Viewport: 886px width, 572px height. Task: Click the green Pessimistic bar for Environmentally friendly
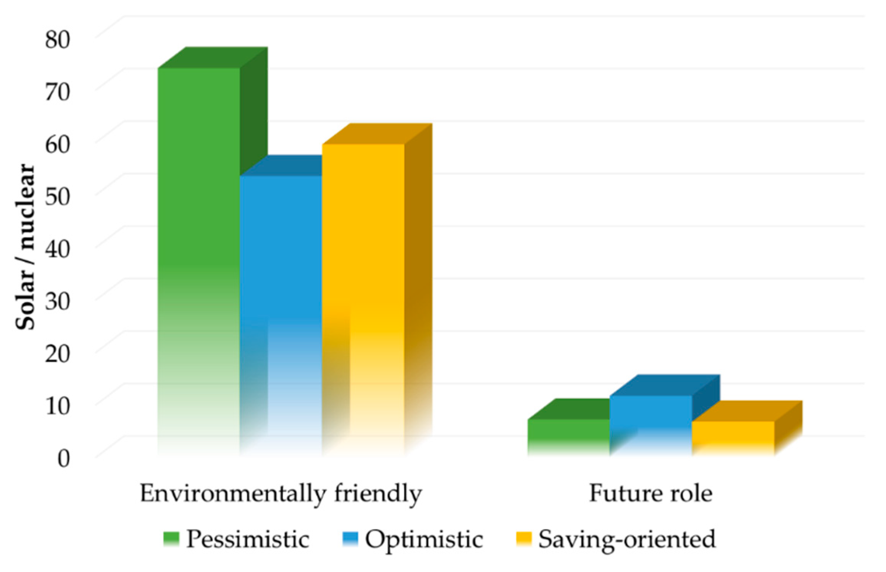199,230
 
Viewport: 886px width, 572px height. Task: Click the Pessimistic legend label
248,539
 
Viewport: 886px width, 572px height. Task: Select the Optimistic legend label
424,539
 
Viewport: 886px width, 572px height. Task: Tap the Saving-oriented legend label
626,539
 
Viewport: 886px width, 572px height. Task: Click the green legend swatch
171,539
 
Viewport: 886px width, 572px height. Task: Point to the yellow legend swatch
524,539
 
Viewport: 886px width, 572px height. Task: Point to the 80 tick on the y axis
58,39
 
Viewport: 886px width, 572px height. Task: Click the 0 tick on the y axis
64,458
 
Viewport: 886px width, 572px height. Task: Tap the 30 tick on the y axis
58,301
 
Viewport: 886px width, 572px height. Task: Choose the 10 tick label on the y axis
58,406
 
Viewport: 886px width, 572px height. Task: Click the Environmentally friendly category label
281,493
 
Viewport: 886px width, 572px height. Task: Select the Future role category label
651,493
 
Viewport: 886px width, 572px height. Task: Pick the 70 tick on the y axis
58,92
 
